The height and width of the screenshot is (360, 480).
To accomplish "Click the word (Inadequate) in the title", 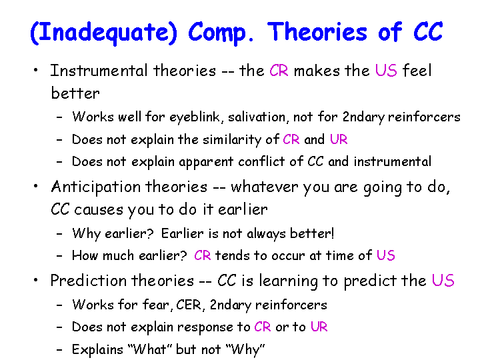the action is tap(104, 33).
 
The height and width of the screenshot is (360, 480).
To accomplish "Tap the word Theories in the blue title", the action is tap(317, 31).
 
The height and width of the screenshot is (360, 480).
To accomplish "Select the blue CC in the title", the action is tap(428, 31).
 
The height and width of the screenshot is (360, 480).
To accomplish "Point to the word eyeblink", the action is tap(195, 117).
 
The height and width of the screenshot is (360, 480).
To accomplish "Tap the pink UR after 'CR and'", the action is tap(339, 139).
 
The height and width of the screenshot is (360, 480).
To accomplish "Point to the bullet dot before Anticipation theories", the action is tap(36, 186).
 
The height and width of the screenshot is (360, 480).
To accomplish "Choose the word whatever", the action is tap(265, 187).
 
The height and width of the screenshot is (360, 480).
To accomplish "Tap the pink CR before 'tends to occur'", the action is tap(203, 255).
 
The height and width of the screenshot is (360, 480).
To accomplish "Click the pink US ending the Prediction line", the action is tap(443, 281).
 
